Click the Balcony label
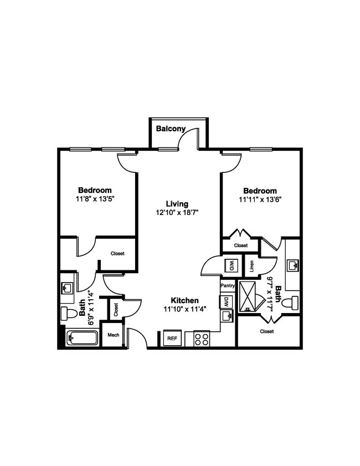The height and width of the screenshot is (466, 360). pyautogui.click(x=171, y=129)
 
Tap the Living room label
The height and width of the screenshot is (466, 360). pyautogui.click(x=177, y=203)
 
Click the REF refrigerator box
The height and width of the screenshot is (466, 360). pyautogui.click(x=172, y=337)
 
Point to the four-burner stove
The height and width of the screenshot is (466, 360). pyautogui.click(x=201, y=339)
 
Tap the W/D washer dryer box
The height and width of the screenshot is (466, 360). pyautogui.click(x=230, y=265)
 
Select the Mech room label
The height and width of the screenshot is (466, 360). pyautogui.click(x=114, y=335)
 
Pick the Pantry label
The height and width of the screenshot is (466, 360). pyautogui.click(x=228, y=285)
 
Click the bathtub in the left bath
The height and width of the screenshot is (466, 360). pyautogui.click(x=82, y=338)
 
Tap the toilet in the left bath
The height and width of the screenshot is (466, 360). pyautogui.click(x=68, y=313)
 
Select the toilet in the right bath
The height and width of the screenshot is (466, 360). pyautogui.click(x=294, y=302)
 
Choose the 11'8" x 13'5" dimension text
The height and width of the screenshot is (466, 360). pyautogui.click(x=95, y=198)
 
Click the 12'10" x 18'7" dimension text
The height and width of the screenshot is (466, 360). pyautogui.click(x=177, y=212)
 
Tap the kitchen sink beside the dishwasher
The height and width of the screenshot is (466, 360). pyautogui.click(x=227, y=316)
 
